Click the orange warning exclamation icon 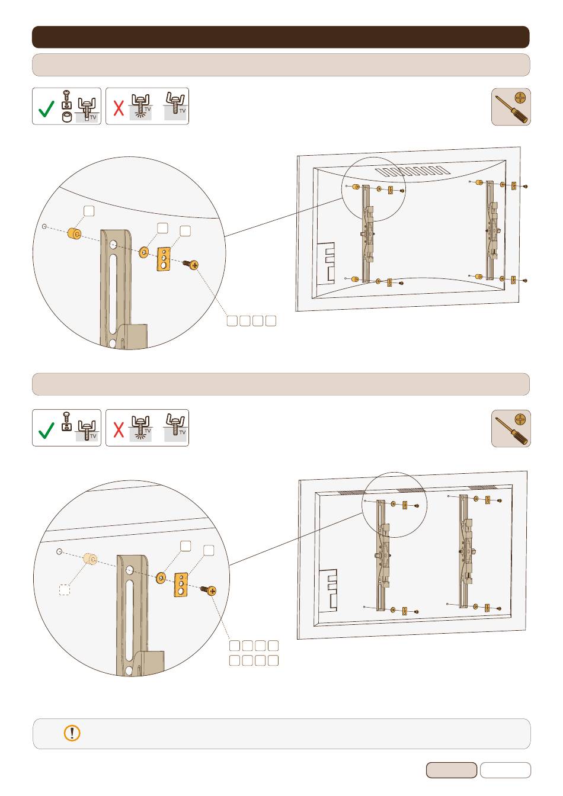coord(72,733)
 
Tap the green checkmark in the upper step coord(46,108)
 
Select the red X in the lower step coord(119,429)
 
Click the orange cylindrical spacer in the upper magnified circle coord(74,234)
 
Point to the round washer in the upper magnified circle coord(144,252)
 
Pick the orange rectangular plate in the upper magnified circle coord(164,259)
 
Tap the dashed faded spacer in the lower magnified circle coord(90,559)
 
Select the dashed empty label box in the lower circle coord(65,590)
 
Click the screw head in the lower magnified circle coord(212,591)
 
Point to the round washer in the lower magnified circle coord(161,578)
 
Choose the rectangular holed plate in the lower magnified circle coord(181,585)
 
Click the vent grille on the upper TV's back coord(412,171)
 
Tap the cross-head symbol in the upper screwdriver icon coord(521,98)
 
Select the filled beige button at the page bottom coord(452,770)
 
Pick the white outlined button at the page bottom coord(506,770)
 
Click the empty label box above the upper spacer coord(89,211)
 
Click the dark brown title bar coord(280,37)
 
